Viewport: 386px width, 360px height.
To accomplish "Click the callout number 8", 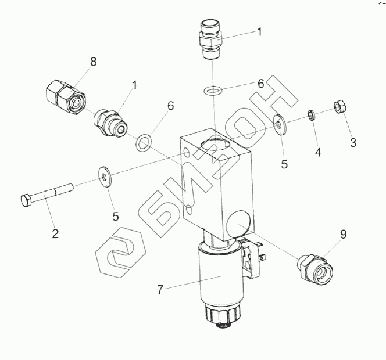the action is pyautogui.click(x=93, y=62).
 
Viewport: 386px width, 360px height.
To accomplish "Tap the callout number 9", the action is pyautogui.click(x=344, y=235).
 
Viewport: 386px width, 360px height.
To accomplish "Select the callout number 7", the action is pyautogui.click(x=160, y=290).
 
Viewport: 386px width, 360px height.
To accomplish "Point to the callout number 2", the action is pyautogui.click(x=55, y=233).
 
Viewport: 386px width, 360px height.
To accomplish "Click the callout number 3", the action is pyautogui.click(x=353, y=143).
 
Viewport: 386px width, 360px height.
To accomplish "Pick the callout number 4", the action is pyautogui.click(x=319, y=153).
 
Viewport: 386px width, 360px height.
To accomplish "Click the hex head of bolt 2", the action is pyautogui.click(x=26, y=201).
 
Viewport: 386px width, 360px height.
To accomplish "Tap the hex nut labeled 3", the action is pyautogui.click(x=340, y=106).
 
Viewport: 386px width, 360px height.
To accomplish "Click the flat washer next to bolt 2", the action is pyautogui.click(x=105, y=177).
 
